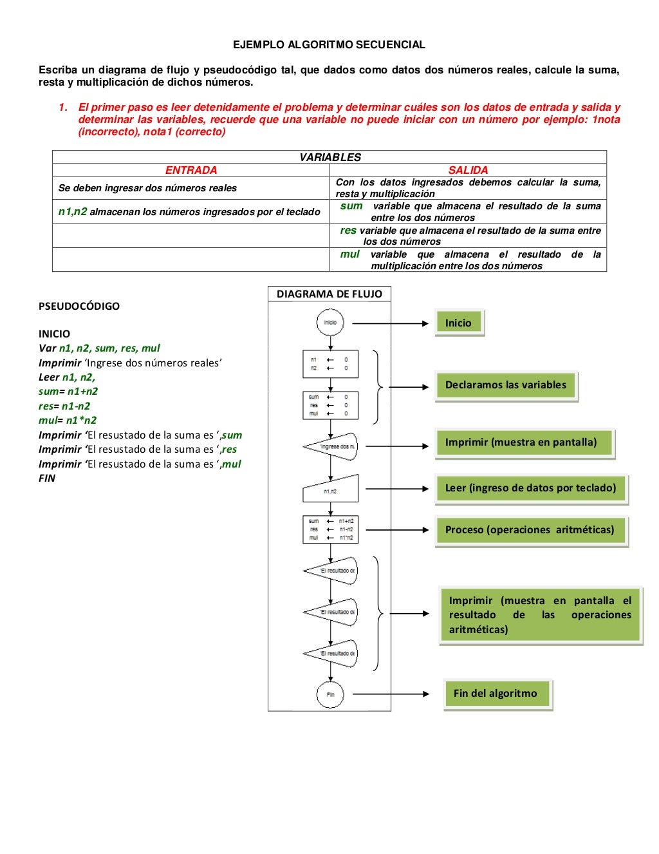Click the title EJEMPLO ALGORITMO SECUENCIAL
(x=329, y=44)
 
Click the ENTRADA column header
(x=191, y=170)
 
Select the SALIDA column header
(x=468, y=170)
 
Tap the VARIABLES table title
(x=329, y=157)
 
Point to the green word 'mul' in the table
(x=349, y=254)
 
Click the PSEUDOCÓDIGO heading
(x=79, y=306)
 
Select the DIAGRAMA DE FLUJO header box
(x=329, y=294)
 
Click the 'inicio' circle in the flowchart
(x=330, y=323)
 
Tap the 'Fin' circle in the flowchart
(x=330, y=694)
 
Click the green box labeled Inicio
(x=458, y=323)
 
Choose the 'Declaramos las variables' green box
(x=506, y=385)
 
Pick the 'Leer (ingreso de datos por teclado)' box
(x=530, y=488)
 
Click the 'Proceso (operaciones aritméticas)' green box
(x=530, y=530)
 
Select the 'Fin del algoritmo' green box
(x=496, y=694)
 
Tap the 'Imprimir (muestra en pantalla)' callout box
(x=523, y=442)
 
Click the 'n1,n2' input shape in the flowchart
(x=330, y=489)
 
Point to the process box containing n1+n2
(x=330, y=529)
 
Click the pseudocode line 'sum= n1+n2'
(x=68, y=392)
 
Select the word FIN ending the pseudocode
(x=47, y=479)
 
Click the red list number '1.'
(x=63, y=108)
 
